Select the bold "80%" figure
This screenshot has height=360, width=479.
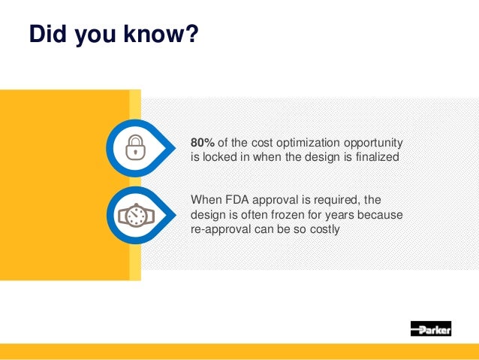(203, 143)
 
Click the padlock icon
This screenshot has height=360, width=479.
(134, 147)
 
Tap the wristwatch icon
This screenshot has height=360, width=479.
(134, 215)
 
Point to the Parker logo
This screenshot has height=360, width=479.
(430, 328)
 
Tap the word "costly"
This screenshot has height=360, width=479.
(324, 228)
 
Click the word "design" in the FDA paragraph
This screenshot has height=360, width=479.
(208, 214)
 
